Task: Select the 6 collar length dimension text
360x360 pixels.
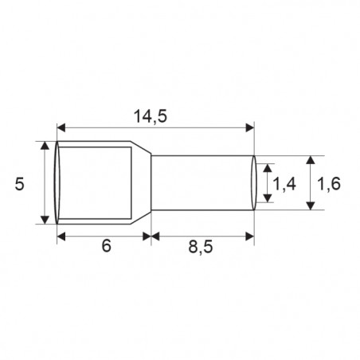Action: coord(104,247)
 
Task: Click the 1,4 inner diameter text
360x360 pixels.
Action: coord(284,185)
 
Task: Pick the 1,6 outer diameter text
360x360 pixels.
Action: coord(329,184)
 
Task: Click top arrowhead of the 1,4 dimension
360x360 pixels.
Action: coord(267,170)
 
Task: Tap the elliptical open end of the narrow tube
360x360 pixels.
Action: coord(253,183)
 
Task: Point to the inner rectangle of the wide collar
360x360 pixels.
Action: coord(96,183)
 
